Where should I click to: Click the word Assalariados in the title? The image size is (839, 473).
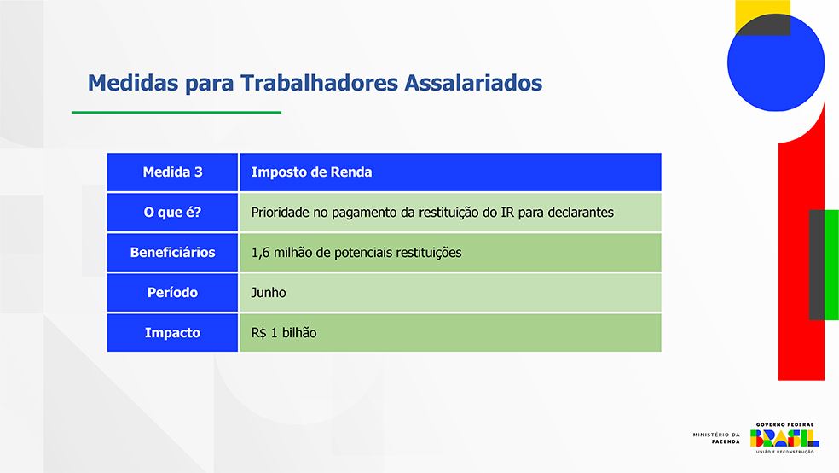click(x=473, y=83)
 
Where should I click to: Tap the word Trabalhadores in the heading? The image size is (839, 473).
click(x=319, y=83)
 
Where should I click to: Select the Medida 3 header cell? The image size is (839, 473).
click(x=172, y=172)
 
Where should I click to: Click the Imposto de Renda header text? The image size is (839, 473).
click(x=311, y=172)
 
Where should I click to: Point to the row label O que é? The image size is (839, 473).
click(x=172, y=212)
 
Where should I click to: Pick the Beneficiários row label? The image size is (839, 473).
click(x=172, y=253)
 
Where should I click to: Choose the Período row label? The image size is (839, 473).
click(x=172, y=293)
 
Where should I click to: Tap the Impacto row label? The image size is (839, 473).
click(x=172, y=333)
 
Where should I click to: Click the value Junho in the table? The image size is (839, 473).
click(x=269, y=293)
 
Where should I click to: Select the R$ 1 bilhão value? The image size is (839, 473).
click(x=284, y=333)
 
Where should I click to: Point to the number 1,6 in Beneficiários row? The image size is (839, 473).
click(x=260, y=253)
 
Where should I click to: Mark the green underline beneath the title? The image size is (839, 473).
click(x=176, y=113)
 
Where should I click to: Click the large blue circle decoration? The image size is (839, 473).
click(x=776, y=63)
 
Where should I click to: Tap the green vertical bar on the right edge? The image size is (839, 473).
click(x=831, y=265)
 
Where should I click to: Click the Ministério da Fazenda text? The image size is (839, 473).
click(x=716, y=438)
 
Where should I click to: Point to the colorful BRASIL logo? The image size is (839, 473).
click(x=784, y=438)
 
